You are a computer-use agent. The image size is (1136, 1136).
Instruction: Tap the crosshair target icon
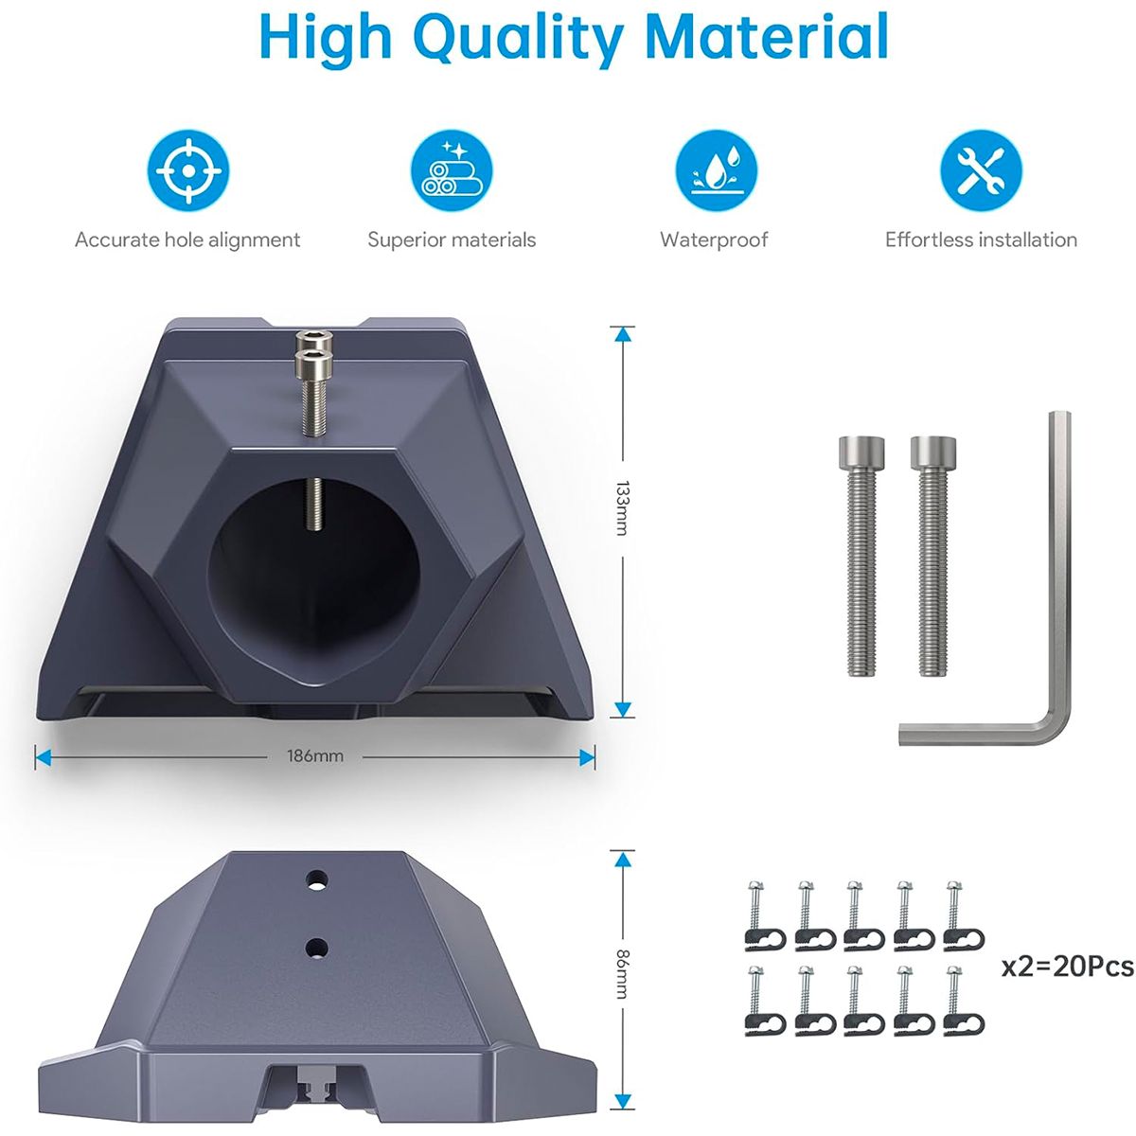click(187, 171)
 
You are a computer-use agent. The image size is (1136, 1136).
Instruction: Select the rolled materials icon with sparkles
click(451, 171)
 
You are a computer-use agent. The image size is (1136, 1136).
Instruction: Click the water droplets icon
click(716, 171)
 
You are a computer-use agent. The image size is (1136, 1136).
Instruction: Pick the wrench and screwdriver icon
click(981, 171)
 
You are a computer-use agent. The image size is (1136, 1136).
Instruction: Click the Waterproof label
click(714, 240)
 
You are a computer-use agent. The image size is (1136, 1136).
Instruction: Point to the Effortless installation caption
click(981, 240)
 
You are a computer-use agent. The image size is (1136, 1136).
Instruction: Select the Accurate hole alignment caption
click(187, 240)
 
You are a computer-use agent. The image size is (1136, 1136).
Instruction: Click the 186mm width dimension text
click(315, 756)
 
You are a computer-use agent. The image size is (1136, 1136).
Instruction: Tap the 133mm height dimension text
click(622, 508)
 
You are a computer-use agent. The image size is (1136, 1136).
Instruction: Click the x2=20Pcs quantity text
click(1067, 967)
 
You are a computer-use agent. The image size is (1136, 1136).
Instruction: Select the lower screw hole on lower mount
click(317, 946)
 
